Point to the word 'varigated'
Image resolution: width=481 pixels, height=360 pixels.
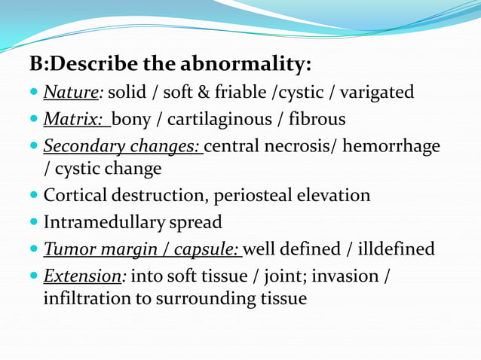(x=376, y=93)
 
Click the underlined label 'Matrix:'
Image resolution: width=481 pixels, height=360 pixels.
(x=74, y=119)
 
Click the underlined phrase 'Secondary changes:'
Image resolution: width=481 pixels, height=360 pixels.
(x=122, y=145)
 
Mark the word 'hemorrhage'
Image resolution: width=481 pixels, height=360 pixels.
(x=392, y=145)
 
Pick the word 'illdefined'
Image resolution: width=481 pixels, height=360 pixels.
(x=395, y=249)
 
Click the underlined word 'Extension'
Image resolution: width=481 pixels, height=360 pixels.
(x=82, y=276)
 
